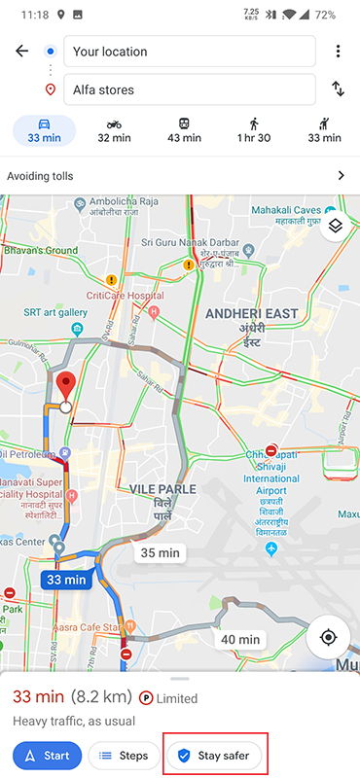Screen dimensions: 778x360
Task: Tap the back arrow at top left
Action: tap(21, 52)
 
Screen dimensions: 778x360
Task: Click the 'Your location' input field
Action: tap(190, 52)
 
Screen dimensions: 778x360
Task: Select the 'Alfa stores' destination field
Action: tap(190, 89)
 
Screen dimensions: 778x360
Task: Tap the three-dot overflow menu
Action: tap(338, 52)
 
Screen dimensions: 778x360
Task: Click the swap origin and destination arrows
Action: tap(338, 89)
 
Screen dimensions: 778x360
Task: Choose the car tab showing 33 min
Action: tap(45, 130)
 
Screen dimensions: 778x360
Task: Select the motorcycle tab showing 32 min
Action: tap(115, 130)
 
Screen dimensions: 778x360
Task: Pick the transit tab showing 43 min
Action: tap(185, 130)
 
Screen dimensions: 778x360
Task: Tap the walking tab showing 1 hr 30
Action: tap(254, 130)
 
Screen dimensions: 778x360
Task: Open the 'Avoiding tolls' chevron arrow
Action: tap(341, 176)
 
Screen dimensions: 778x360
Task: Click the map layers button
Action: tap(335, 227)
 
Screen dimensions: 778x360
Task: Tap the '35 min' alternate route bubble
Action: tap(161, 553)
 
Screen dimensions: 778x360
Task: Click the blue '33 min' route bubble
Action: tap(66, 580)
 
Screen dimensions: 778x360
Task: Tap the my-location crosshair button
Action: tap(328, 637)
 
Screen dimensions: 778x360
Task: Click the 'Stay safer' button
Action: tap(215, 755)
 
